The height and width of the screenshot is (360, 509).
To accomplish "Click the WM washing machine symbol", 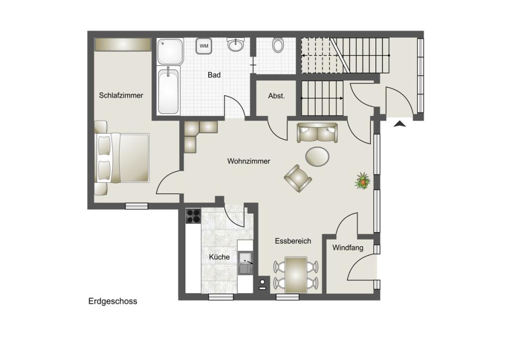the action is (x=204, y=46).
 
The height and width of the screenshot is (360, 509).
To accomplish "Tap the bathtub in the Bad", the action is (x=168, y=90).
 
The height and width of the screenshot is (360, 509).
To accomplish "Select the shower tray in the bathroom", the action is (x=170, y=51).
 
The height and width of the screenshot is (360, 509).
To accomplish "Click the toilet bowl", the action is (x=278, y=45).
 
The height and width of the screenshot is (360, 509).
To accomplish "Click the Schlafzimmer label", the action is (x=121, y=95).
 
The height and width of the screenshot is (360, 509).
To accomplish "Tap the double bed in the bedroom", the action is (x=122, y=158).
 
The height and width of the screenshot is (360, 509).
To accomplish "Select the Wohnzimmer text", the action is (x=249, y=161).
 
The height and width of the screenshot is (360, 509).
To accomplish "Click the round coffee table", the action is (x=317, y=157).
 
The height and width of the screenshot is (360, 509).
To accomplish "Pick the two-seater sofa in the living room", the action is (x=317, y=133).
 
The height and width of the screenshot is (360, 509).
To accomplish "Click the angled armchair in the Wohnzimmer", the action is (x=298, y=178).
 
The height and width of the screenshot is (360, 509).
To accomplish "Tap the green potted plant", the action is (x=363, y=181).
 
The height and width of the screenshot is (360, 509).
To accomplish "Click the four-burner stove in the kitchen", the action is (x=193, y=216).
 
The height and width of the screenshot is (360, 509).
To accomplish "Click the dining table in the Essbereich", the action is (x=296, y=274).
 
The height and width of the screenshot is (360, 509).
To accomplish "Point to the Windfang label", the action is (x=347, y=248).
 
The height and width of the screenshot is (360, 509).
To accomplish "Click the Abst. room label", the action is (x=276, y=96).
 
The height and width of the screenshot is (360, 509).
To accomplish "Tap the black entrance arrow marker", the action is (x=400, y=124).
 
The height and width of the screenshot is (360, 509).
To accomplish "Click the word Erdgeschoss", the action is (x=113, y=301).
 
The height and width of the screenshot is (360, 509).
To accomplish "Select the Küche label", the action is (x=219, y=257).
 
